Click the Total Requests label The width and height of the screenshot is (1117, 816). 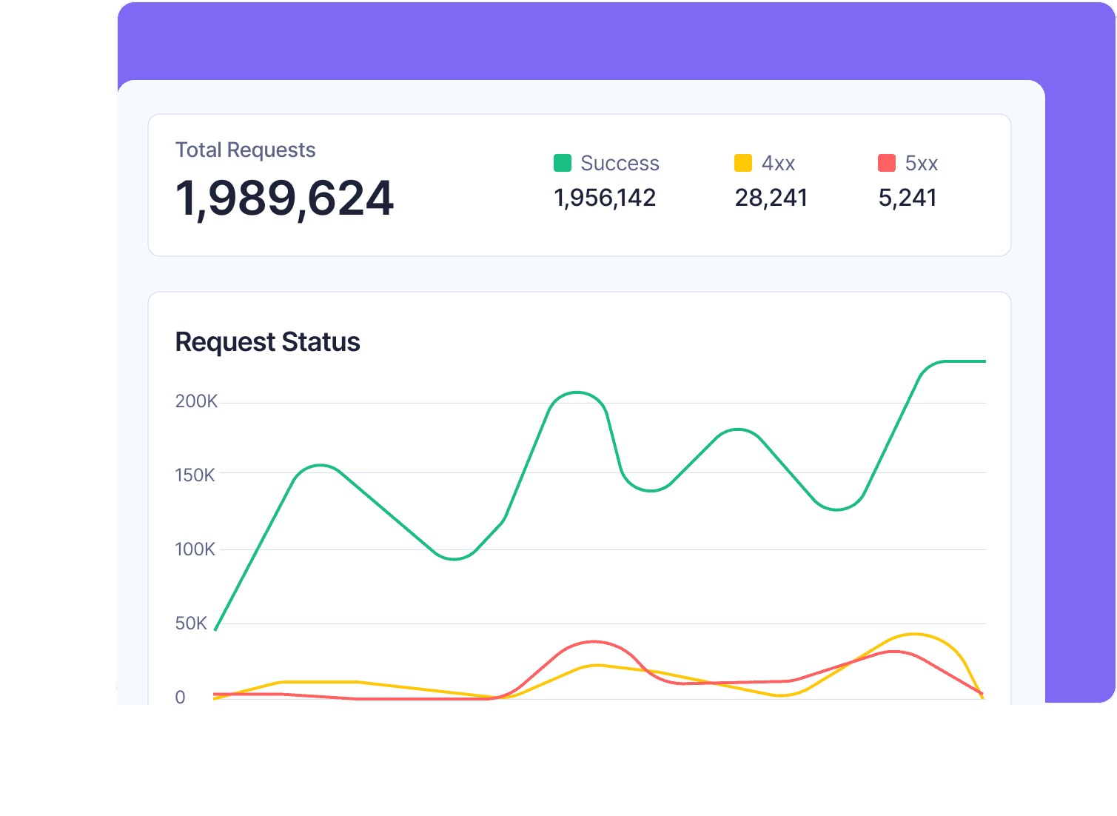245,150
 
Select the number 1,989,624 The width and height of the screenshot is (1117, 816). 284,198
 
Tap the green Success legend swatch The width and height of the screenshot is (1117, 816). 563,163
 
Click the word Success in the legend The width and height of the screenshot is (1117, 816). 620,163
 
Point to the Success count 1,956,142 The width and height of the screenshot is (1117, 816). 605,198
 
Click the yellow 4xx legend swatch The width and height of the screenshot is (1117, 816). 742,163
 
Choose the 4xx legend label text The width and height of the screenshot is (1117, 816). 778,163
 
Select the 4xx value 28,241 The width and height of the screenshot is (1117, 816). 771,198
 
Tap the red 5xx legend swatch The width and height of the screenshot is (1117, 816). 886,163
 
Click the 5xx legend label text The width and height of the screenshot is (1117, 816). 921,163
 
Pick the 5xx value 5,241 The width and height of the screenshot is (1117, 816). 908,198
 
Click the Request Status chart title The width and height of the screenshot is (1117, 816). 267,342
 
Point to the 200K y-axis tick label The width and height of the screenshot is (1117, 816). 196,401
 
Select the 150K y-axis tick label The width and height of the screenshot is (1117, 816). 195,475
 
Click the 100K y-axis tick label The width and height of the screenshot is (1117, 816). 195,549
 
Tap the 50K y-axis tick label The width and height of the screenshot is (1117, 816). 191,623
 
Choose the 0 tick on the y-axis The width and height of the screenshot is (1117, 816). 180,698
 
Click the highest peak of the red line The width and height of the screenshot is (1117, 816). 594,641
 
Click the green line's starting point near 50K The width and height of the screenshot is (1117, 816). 215,629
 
